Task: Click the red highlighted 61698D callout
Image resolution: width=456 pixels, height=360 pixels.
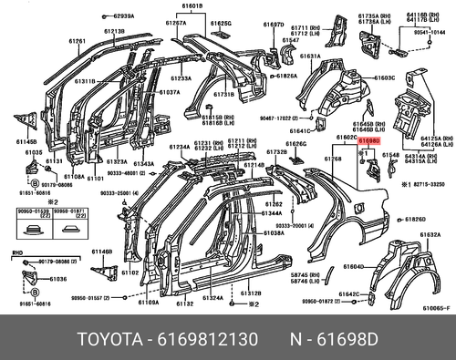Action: tap(369, 142)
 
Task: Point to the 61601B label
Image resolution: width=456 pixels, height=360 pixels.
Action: tap(192, 6)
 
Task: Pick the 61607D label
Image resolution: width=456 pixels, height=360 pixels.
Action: tap(273, 24)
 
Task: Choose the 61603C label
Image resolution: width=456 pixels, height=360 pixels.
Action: tap(385, 78)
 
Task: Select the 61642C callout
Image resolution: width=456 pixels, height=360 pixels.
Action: tap(349, 293)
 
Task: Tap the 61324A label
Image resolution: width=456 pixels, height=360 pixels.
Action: tap(213, 297)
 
